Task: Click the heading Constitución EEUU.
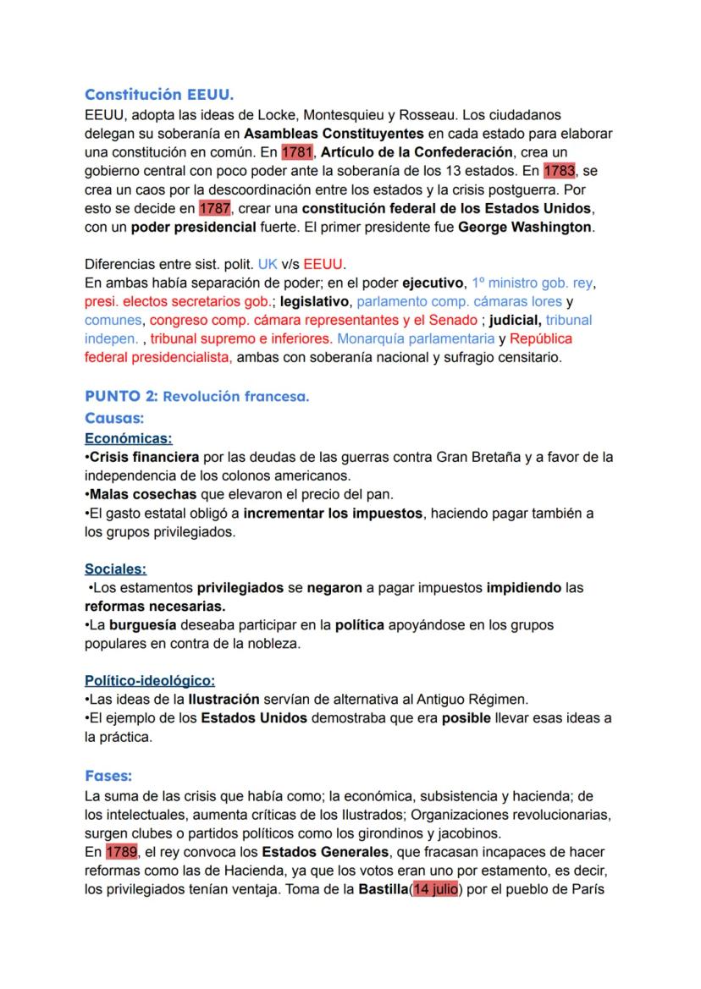click(x=154, y=96)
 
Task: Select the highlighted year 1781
click(x=296, y=152)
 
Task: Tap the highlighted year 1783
click(x=559, y=170)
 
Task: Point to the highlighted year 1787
click(x=213, y=208)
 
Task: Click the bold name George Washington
click(x=525, y=227)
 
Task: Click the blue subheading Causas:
click(x=114, y=418)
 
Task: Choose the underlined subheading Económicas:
click(x=129, y=438)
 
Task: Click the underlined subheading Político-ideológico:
click(x=150, y=680)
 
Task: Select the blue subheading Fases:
click(x=108, y=775)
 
